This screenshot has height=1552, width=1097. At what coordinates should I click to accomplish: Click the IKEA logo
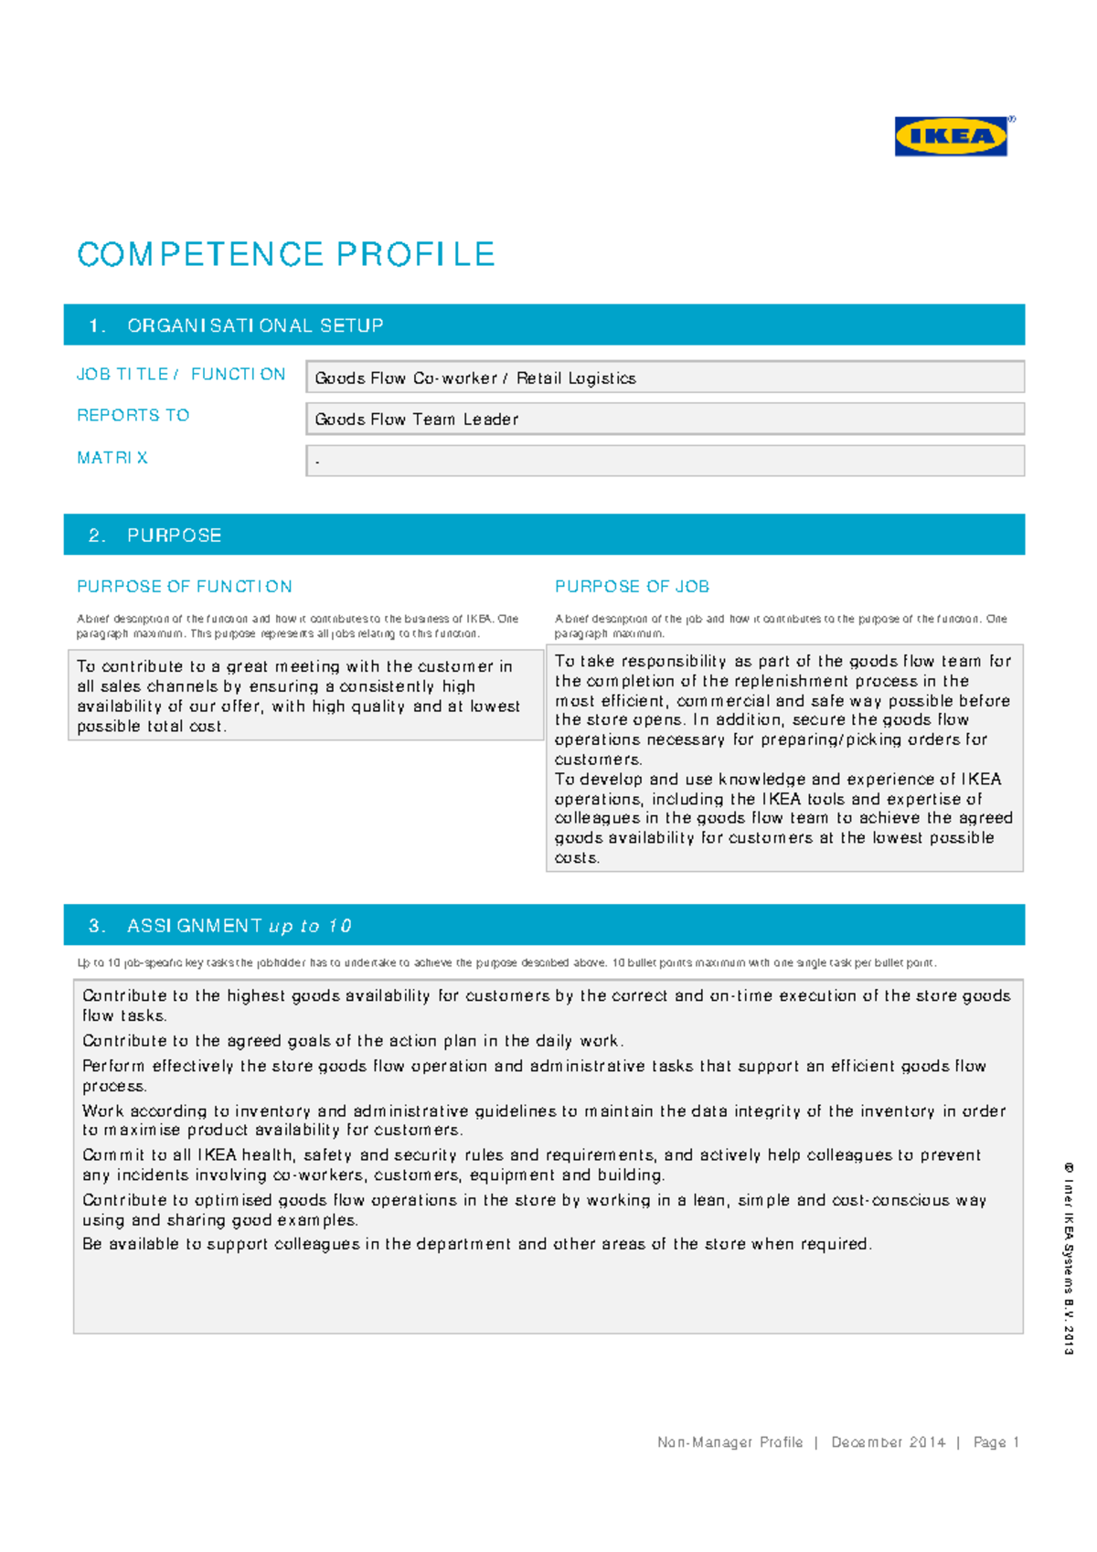pyautogui.click(x=951, y=137)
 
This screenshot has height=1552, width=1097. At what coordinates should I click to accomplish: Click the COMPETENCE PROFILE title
pyautogui.click(x=285, y=254)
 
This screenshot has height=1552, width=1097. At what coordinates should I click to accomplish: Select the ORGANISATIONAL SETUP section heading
pyautogui.click(x=254, y=325)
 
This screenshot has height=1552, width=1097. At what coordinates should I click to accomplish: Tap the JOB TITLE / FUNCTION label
pyautogui.click(x=181, y=374)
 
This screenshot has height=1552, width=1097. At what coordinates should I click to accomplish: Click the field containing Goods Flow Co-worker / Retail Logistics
pyautogui.click(x=664, y=377)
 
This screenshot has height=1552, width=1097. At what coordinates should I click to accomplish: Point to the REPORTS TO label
pyautogui.click(x=133, y=415)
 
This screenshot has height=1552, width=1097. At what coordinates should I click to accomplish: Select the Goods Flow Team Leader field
pyautogui.click(x=664, y=420)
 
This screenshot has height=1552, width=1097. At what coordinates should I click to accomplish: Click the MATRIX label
pyautogui.click(x=112, y=457)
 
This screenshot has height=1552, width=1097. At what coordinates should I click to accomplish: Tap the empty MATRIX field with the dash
pyautogui.click(x=664, y=461)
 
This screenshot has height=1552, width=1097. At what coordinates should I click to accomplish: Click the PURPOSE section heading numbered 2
pyautogui.click(x=174, y=536)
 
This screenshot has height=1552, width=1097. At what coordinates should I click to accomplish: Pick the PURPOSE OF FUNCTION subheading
pyautogui.click(x=185, y=586)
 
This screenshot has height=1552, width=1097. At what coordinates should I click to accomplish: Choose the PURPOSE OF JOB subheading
pyautogui.click(x=632, y=586)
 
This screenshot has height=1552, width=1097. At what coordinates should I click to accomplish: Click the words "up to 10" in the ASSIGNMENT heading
pyautogui.click(x=310, y=926)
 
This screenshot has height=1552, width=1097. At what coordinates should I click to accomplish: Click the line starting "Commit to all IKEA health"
pyautogui.click(x=530, y=1154)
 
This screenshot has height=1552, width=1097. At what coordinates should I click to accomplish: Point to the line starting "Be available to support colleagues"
pyautogui.click(x=476, y=1243)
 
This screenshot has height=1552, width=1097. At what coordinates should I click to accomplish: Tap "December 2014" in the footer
pyautogui.click(x=888, y=1441)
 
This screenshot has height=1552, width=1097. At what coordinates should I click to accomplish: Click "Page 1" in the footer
pyautogui.click(x=996, y=1441)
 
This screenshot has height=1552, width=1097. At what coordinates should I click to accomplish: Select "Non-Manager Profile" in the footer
pyautogui.click(x=730, y=1441)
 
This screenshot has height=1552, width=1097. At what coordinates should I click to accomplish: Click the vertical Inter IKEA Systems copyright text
pyautogui.click(x=1068, y=1259)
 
